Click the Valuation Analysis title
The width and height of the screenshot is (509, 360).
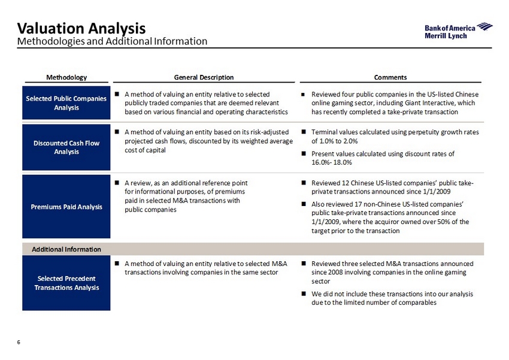pos(81,28)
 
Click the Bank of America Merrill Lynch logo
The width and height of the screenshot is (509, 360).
pos(458,31)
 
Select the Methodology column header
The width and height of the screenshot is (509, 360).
pos(66,77)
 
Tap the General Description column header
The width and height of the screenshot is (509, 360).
pos(204,77)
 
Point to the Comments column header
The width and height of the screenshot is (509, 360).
pos(390,77)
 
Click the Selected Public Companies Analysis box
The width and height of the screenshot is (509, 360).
pos(66,102)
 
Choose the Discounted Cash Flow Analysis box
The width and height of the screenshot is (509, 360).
pos(66,147)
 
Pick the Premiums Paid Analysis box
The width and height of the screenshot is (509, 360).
pos(66,207)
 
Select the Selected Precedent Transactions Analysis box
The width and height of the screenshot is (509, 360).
pos(66,283)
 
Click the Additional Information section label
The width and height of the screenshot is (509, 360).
pos(66,249)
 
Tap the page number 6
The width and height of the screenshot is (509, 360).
pos(19,342)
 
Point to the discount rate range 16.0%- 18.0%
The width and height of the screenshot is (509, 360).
pos(332,162)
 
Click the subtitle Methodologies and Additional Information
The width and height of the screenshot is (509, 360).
pos(112,41)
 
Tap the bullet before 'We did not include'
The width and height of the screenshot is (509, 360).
pos(304,294)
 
